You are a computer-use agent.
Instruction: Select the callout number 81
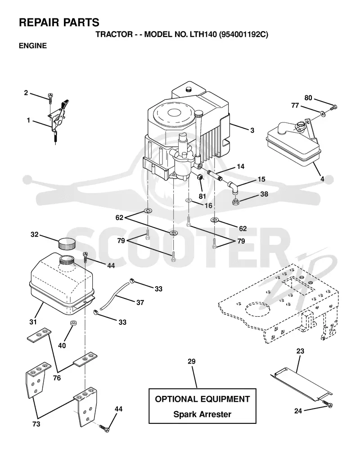[202, 196]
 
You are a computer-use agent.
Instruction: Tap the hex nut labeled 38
[235, 202]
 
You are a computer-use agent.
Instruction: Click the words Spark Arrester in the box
[202, 414]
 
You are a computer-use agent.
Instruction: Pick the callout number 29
[192, 361]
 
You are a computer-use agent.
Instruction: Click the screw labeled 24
[327, 404]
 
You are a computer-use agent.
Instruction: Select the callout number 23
[300, 351]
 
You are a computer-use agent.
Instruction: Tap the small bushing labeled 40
[73, 323]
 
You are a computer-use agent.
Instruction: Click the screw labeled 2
[51, 98]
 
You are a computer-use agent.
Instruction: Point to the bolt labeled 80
[333, 108]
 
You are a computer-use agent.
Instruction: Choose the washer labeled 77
[323, 114]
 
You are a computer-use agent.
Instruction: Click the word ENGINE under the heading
[33, 46]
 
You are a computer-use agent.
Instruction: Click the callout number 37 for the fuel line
[140, 302]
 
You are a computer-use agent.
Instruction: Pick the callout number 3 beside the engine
[252, 130]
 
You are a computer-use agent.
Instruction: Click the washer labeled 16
[189, 200]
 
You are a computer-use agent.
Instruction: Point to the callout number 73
[36, 424]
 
